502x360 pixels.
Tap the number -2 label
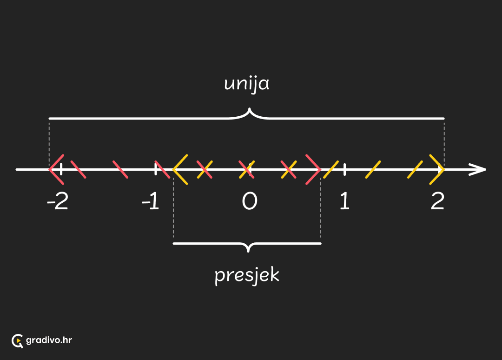coord(58,201)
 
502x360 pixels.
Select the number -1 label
coord(151,201)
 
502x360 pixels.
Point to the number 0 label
coord(250,201)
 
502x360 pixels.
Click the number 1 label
coord(344,201)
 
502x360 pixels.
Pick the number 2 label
coord(438,201)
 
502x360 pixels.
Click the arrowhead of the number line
coord(478,169)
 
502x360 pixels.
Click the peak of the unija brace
coord(249,109)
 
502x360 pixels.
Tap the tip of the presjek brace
coord(248,252)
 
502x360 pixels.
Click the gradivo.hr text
coord(49,340)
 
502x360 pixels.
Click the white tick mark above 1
coord(344,169)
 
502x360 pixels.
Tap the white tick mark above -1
coord(156,169)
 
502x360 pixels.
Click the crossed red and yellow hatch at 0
coord(247,169)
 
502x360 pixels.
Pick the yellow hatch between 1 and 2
coord(373,169)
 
